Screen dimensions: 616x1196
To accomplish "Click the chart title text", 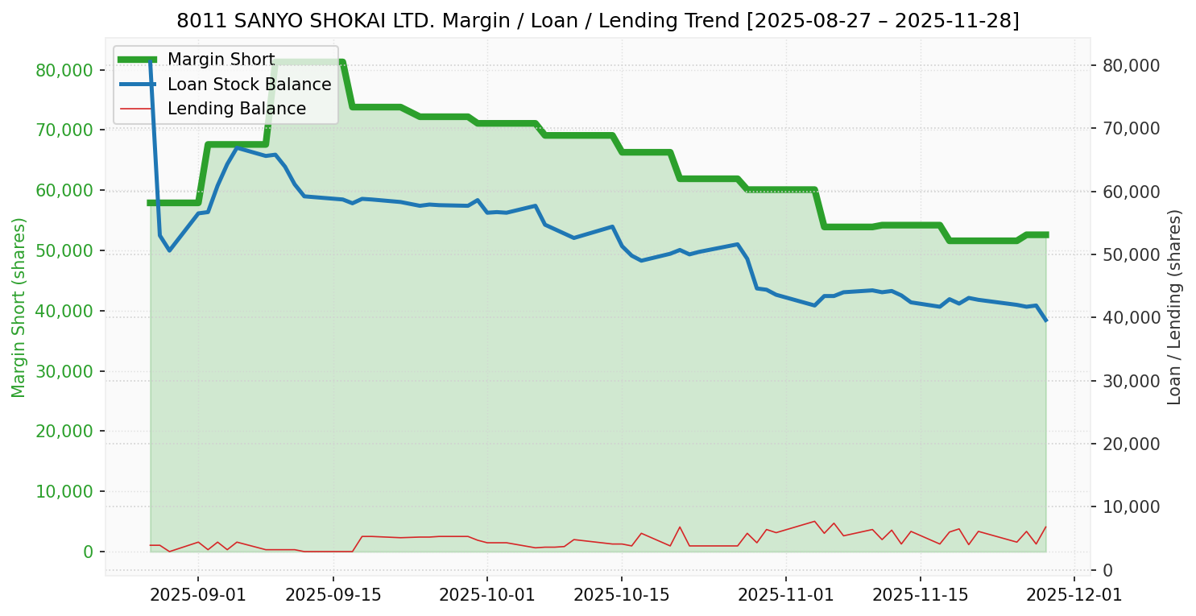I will tap(598, 21).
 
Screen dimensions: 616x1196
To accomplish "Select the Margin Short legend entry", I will tap(221, 60).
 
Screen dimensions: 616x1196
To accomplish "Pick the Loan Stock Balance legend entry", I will tap(249, 85).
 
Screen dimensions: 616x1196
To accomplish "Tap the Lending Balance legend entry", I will tap(236, 109).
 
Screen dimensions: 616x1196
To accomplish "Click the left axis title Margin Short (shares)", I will tap(19, 308).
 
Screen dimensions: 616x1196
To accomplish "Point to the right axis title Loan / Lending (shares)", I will tap(1174, 307).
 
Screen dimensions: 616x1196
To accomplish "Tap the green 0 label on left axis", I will tap(88, 552).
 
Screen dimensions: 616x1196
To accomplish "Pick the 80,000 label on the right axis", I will tap(1131, 65).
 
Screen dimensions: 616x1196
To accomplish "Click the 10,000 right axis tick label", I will tap(1131, 507).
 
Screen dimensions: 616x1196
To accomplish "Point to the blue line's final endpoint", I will tap(1045, 320).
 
